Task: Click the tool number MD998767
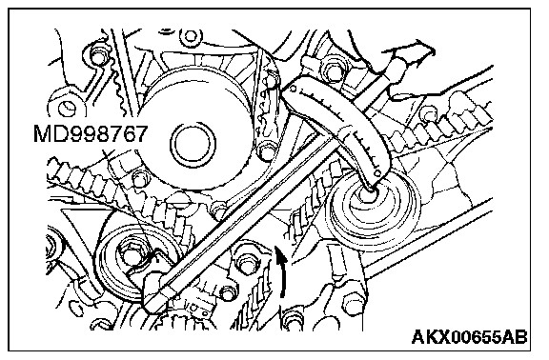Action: tap(90, 133)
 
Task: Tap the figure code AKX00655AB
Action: tap(470, 337)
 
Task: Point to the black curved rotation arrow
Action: tap(282, 271)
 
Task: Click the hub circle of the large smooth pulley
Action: tap(193, 144)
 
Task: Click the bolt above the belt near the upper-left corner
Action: tap(97, 54)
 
